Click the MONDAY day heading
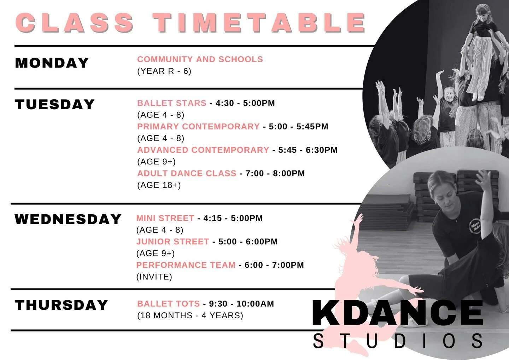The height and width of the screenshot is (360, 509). (52, 63)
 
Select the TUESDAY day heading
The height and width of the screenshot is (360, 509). (55, 105)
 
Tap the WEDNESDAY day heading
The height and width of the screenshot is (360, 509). (68, 219)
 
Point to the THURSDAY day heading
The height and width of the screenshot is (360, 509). (61, 305)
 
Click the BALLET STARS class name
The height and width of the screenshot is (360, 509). (172, 103)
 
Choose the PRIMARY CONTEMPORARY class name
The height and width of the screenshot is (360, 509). (198, 127)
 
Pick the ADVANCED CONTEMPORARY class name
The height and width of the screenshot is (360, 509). (203, 150)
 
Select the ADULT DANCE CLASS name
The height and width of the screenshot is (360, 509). (187, 173)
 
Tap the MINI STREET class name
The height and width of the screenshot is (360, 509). (165, 218)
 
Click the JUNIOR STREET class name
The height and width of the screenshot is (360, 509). (172, 242)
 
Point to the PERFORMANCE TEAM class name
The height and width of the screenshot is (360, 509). (186, 265)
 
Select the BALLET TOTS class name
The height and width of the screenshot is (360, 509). (168, 304)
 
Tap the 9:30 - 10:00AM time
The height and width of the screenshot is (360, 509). (241, 304)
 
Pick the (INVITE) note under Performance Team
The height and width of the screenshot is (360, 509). (154, 277)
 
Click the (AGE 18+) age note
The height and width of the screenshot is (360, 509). (159, 185)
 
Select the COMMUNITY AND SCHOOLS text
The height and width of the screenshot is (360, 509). (200, 59)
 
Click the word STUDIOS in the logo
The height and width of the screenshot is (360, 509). (398, 341)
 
